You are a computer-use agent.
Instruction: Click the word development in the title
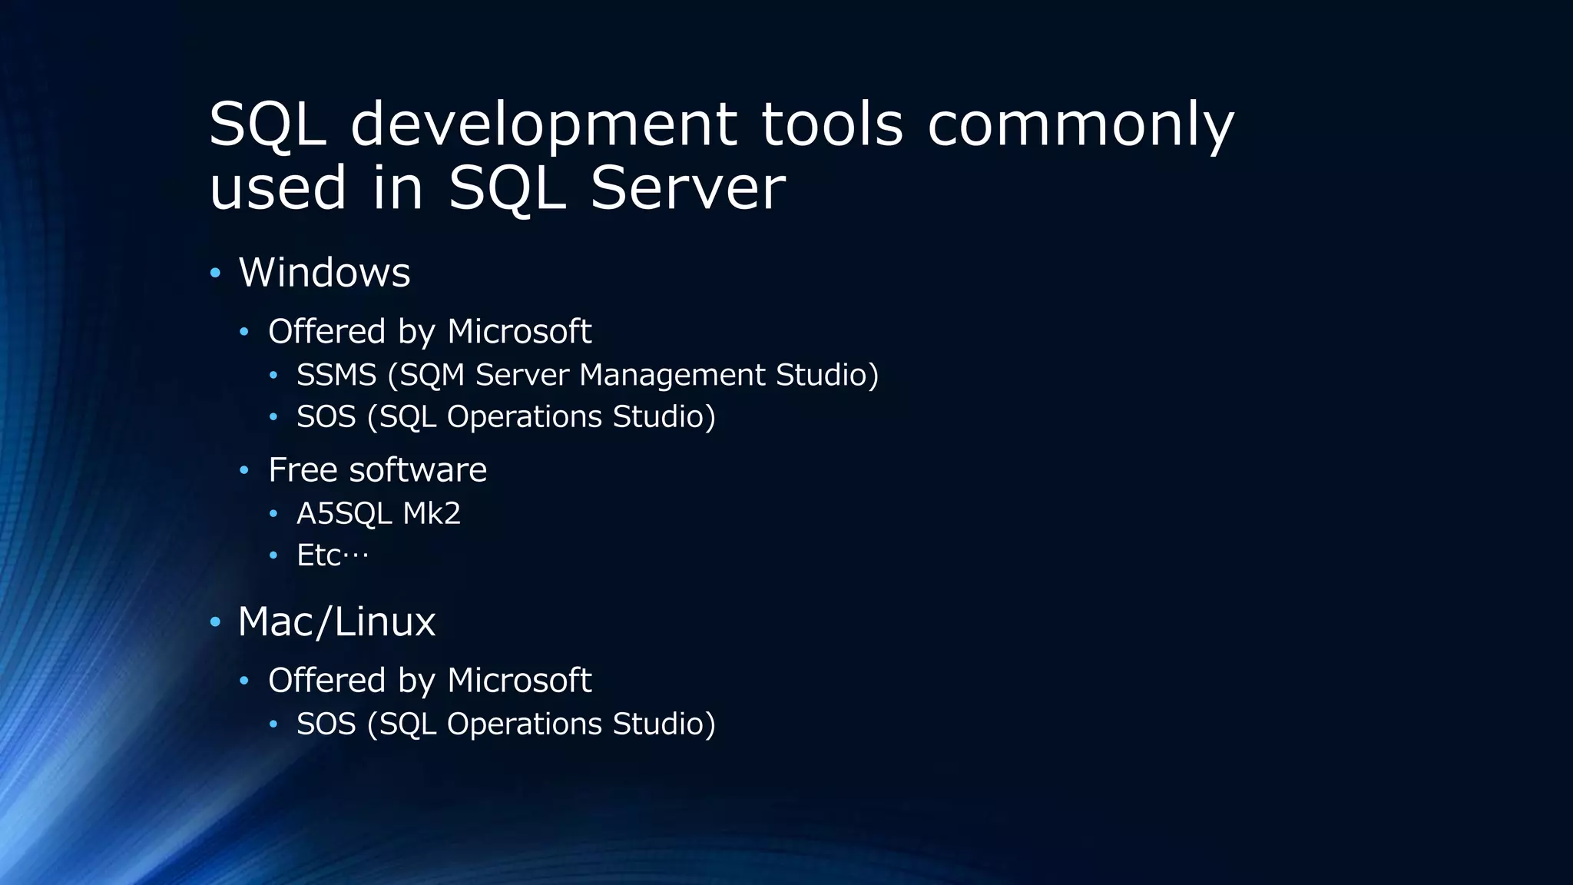(543, 125)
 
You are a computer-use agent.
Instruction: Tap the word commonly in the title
(1081, 125)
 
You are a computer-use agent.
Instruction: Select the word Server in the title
(688, 188)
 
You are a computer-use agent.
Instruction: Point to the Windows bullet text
(324, 273)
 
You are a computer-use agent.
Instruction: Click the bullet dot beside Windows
(215, 273)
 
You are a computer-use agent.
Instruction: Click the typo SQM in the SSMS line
(432, 375)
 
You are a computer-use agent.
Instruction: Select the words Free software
(377, 470)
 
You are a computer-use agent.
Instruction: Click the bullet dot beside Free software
(244, 470)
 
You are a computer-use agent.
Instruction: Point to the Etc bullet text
(333, 555)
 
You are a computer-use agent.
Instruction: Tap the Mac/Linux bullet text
(336, 621)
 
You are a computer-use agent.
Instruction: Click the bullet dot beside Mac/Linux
(215, 621)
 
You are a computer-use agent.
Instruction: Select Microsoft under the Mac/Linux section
(519, 681)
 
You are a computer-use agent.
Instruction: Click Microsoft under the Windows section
(519, 332)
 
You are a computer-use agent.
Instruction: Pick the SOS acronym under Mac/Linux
(326, 724)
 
